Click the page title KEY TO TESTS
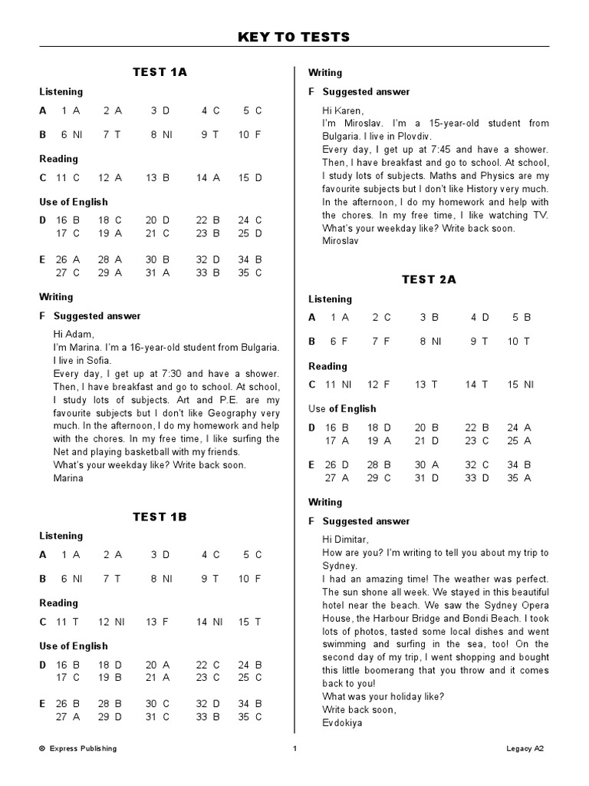pyautogui.click(x=294, y=37)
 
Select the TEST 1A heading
pyautogui.click(x=160, y=71)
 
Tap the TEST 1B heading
pyautogui.click(x=160, y=517)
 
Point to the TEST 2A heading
pyautogui.click(x=429, y=279)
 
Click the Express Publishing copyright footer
pyautogui.click(x=77, y=748)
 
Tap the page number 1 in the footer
pyautogui.click(x=294, y=748)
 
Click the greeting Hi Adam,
pyautogui.click(x=74, y=334)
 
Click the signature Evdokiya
pyautogui.click(x=342, y=722)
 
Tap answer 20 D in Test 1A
pyautogui.click(x=156, y=220)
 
